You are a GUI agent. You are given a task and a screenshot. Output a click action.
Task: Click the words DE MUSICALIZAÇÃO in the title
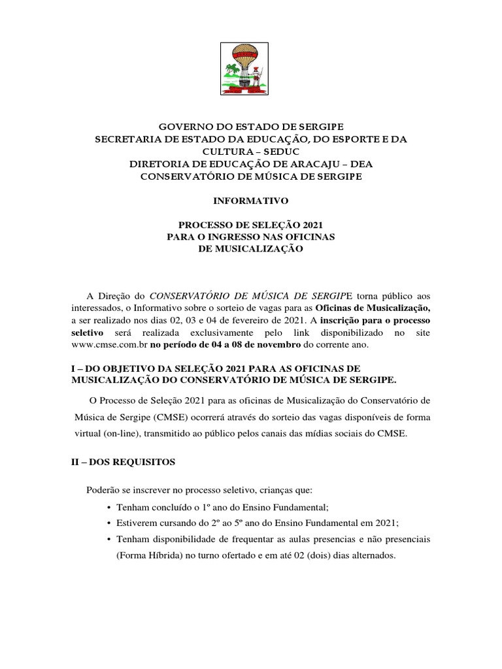click(x=250, y=249)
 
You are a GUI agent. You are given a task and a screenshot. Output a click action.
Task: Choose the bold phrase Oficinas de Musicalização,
click(x=373, y=308)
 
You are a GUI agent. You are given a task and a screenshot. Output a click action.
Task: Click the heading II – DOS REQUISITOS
click(x=123, y=462)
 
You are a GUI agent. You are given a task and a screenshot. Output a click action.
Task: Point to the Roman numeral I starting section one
click(x=73, y=368)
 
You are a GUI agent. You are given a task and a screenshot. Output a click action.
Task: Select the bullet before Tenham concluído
click(x=107, y=507)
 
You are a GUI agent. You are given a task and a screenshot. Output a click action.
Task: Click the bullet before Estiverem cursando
click(x=107, y=523)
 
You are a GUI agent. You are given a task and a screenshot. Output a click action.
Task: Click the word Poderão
click(x=105, y=490)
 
